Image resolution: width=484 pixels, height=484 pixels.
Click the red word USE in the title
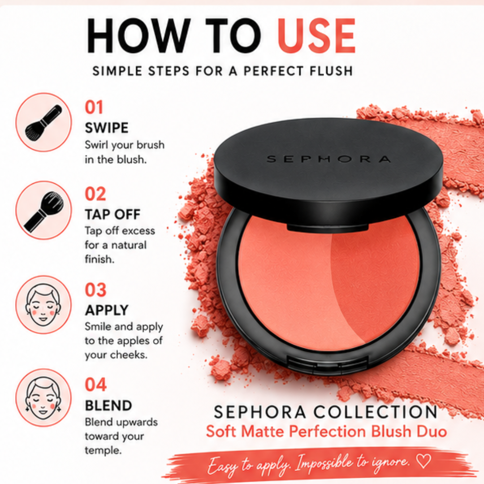click(x=316, y=36)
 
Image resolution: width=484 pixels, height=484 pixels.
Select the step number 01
click(x=94, y=108)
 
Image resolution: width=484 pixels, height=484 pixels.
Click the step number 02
click(x=95, y=194)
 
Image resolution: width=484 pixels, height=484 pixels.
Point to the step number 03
click(x=96, y=290)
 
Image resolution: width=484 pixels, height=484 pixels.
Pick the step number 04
click(x=96, y=385)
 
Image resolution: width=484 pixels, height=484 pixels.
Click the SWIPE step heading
click(x=107, y=128)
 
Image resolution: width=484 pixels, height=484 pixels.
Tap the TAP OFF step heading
click(x=112, y=214)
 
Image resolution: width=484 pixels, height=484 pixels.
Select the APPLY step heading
click(x=107, y=310)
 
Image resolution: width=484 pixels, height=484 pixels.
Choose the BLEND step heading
click(x=108, y=406)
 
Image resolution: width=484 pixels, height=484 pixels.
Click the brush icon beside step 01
click(x=43, y=122)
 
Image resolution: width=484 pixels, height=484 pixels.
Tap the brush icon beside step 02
click(x=43, y=211)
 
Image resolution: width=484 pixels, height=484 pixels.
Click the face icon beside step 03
click(x=43, y=305)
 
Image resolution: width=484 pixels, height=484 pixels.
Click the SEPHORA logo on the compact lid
click(x=329, y=159)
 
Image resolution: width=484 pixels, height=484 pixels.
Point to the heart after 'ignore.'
click(x=423, y=461)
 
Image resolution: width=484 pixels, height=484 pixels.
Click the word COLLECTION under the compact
click(x=376, y=412)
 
